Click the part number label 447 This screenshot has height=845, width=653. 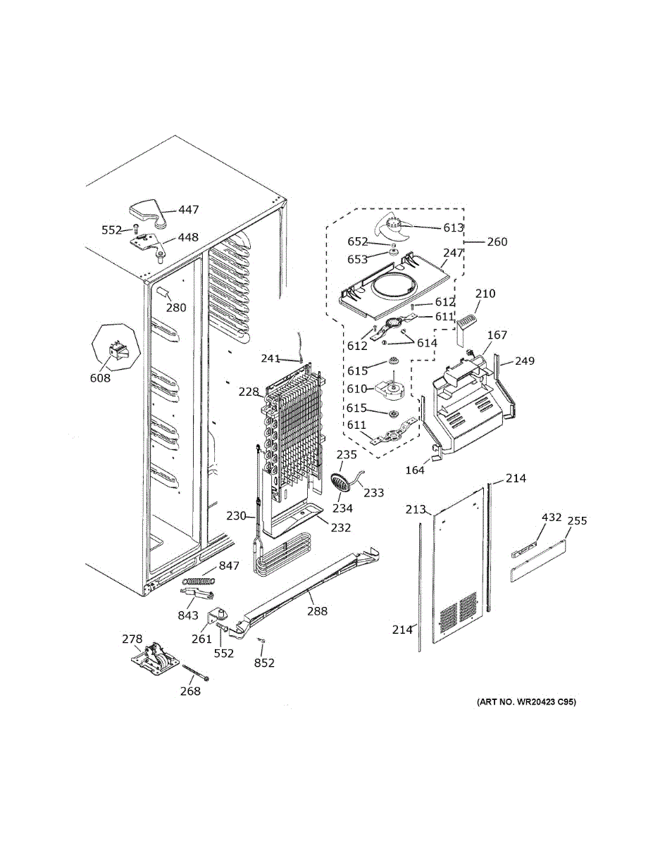point(189,210)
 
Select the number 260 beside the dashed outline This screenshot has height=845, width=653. point(497,242)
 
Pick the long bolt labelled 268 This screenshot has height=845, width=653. point(196,672)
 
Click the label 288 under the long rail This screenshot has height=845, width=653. point(318,611)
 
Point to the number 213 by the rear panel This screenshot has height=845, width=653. point(416,509)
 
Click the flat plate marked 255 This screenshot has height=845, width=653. point(537,559)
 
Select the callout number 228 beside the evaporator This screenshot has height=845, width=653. point(249,392)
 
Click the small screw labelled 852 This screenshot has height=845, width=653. point(261,639)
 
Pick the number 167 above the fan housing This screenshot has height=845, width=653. point(497,334)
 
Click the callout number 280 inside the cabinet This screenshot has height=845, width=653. point(176,308)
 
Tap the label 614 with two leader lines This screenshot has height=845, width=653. point(427,343)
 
